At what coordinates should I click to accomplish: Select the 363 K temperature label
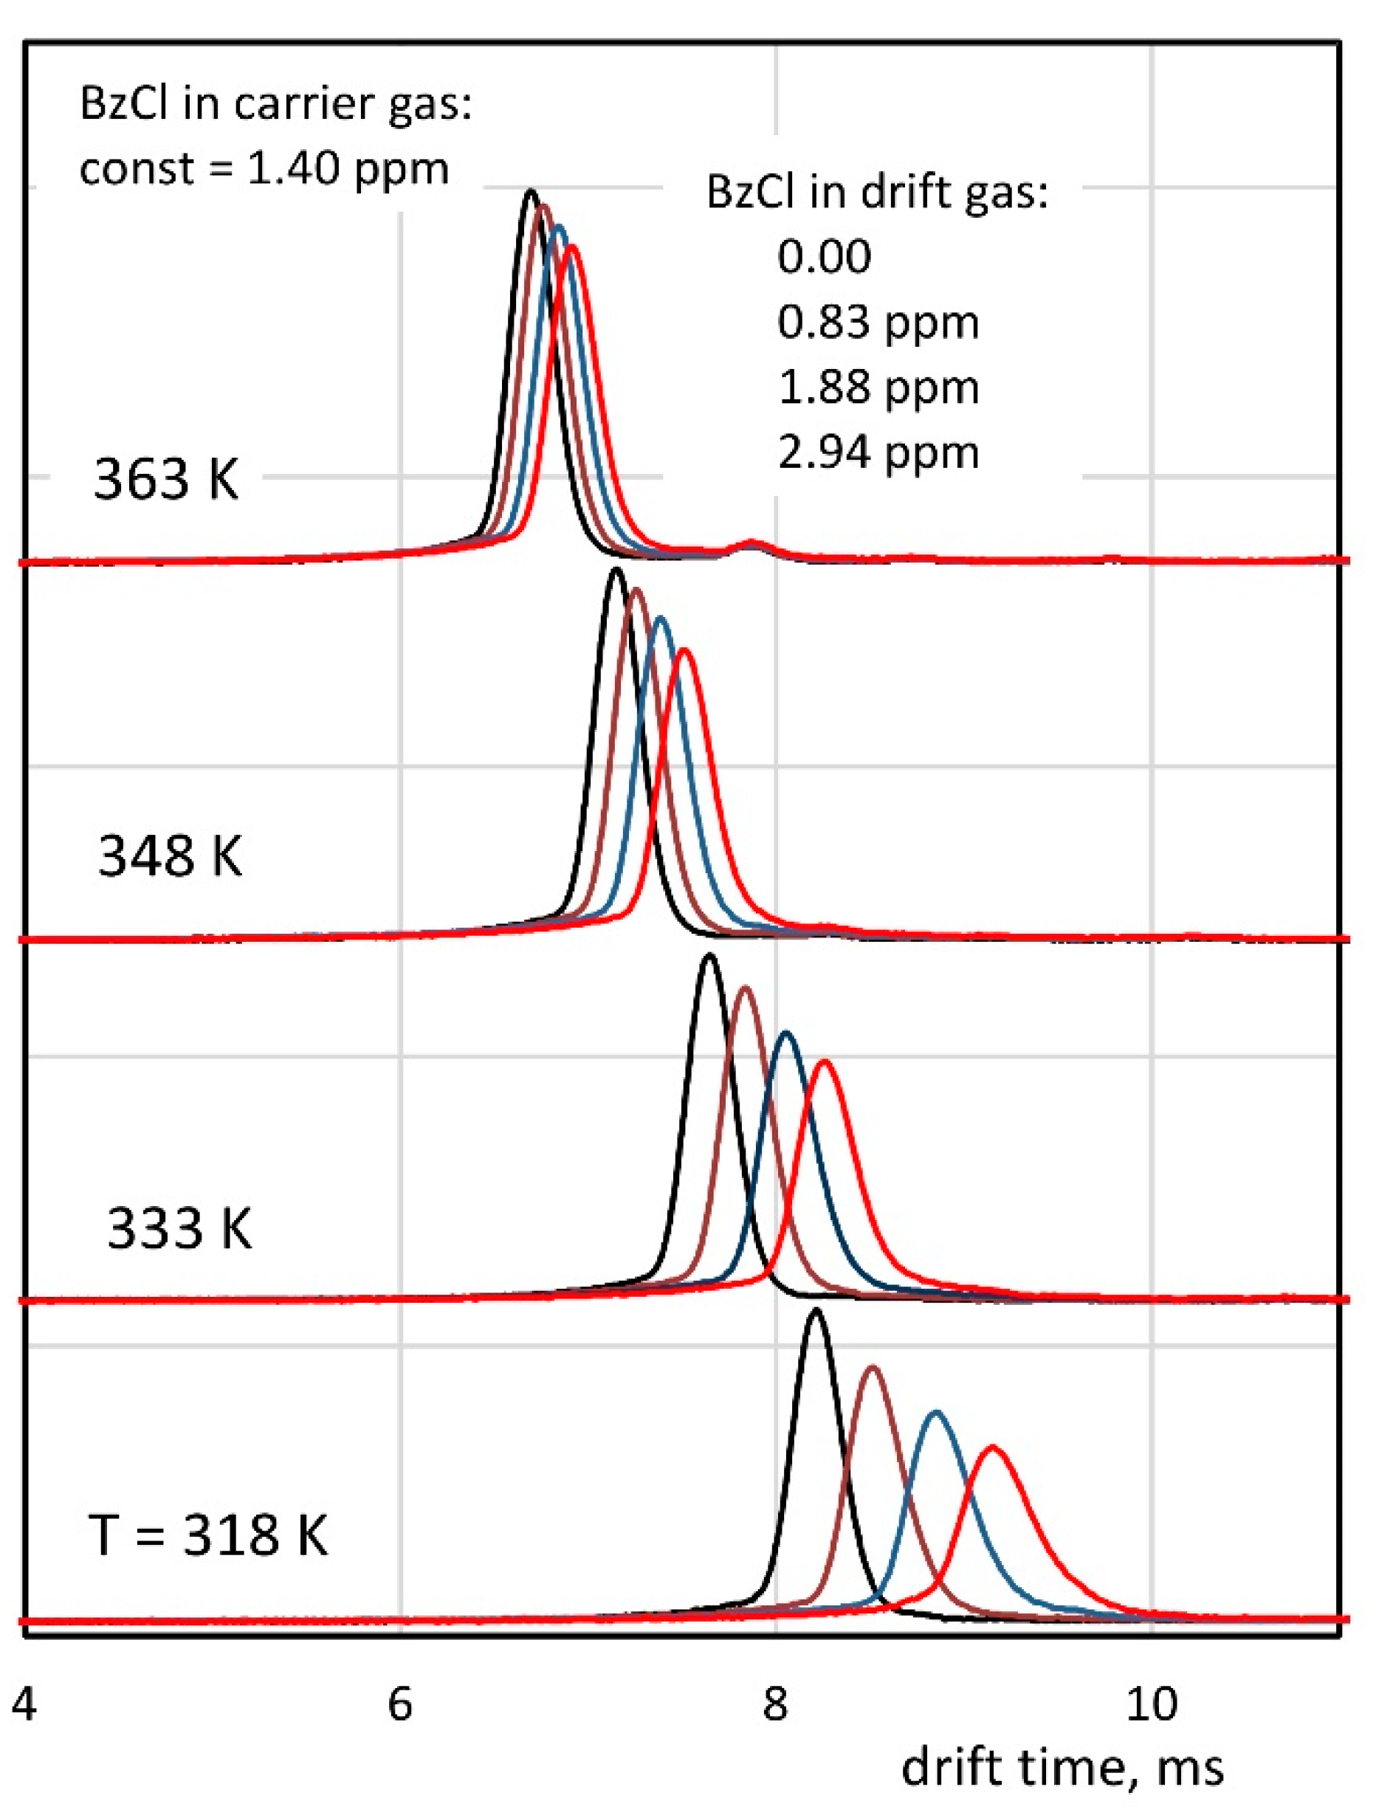pyautogui.click(x=166, y=479)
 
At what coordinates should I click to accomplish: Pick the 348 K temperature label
pyautogui.click(x=170, y=855)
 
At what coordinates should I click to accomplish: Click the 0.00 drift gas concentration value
pyautogui.click(x=824, y=256)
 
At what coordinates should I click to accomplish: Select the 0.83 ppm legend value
pyautogui.click(x=878, y=322)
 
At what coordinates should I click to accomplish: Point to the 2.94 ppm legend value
pyautogui.click(x=878, y=452)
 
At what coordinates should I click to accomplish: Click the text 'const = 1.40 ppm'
pyautogui.click(x=264, y=169)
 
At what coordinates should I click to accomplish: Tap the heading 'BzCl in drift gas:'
pyautogui.click(x=877, y=191)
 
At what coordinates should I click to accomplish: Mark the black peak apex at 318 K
pyautogui.click(x=816, y=1312)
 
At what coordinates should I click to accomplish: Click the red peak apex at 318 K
pyautogui.click(x=992, y=1447)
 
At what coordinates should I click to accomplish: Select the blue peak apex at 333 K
pyautogui.click(x=785, y=1033)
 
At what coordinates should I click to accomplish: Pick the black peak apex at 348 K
pyautogui.click(x=615, y=570)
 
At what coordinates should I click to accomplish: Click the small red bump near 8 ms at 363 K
pyautogui.click(x=752, y=543)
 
